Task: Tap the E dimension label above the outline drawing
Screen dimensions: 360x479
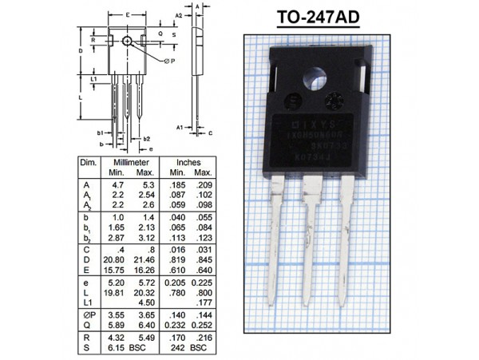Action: (x=128, y=16)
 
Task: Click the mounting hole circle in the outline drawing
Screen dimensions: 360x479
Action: (x=128, y=41)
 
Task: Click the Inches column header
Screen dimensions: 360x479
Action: (x=188, y=162)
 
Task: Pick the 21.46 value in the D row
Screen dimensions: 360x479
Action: (x=144, y=260)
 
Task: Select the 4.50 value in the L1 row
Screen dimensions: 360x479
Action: (x=145, y=303)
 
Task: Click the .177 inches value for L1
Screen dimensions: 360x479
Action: (x=203, y=303)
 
